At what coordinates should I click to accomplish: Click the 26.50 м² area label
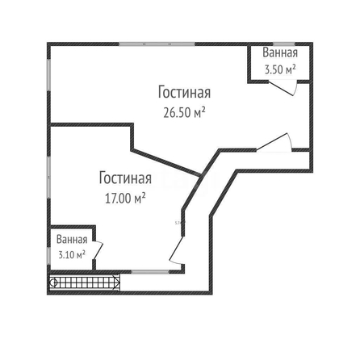click(184, 113)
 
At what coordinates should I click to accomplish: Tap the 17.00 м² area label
click(125, 199)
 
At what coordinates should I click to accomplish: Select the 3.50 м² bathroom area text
click(280, 69)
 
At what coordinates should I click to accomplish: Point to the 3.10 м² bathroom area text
click(72, 254)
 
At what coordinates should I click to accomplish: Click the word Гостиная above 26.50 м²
click(184, 92)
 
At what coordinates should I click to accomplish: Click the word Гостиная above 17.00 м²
click(125, 178)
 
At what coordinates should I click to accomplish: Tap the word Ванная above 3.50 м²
click(280, 52)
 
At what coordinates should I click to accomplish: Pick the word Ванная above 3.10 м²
click(72, 240)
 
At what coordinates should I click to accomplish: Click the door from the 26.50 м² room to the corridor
click(272, 141)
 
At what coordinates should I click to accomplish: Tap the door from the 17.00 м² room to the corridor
click(176, 249)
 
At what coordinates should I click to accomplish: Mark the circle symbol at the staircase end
click(53, 283)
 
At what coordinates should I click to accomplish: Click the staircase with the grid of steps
click(85, 283)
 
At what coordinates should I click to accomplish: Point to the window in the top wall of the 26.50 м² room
click(157, 44)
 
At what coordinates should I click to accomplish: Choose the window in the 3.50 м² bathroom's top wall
click(284, 44)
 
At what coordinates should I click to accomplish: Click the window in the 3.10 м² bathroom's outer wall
click(48, 255)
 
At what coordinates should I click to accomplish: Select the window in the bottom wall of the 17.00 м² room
click(150, 272)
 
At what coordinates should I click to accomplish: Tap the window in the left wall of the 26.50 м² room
click(48, 74)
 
